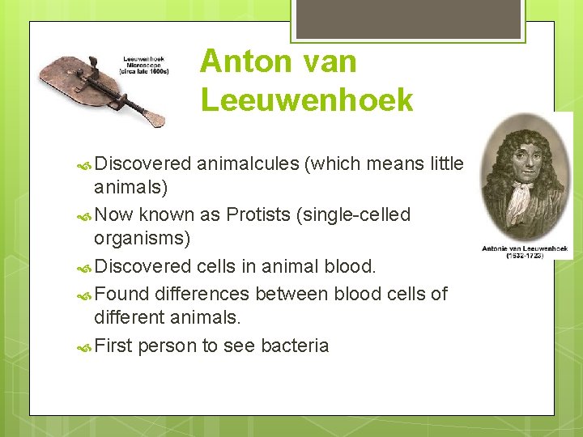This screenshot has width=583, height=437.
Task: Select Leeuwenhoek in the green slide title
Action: coord(307,100)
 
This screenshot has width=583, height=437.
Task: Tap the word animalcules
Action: coord(246,164)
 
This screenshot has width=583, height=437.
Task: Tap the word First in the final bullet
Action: coord(113,346)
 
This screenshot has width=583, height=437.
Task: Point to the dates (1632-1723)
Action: coord(526,256)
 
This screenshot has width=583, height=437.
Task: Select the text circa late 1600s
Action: coord(144,70)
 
